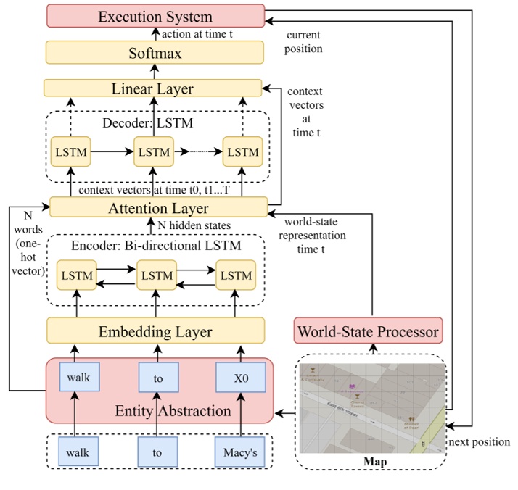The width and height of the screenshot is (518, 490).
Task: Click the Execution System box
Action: coord(155,16)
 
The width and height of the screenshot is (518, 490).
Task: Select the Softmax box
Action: coord(155,53)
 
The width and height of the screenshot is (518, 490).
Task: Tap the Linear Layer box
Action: coord(152,88)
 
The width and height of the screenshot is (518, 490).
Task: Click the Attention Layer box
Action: coord(157,208)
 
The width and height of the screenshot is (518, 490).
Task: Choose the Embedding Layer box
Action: coord(155,331)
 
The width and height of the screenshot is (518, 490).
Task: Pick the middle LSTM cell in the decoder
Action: coord(153,153)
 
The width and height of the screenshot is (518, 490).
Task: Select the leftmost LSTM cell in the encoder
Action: coord(76,275)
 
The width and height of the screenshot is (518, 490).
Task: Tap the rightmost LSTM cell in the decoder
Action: coord(242,153)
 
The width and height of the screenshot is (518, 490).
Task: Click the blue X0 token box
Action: coord(240,378)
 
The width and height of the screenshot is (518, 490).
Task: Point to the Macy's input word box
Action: coord(240,452)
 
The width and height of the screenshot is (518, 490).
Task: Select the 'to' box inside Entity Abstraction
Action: coord(158,378)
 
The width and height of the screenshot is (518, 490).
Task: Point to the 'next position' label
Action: coord(480,442)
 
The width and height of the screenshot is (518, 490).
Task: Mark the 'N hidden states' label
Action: coord(197,225)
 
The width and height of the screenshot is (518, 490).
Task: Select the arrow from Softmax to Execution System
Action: coord(155,34)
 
